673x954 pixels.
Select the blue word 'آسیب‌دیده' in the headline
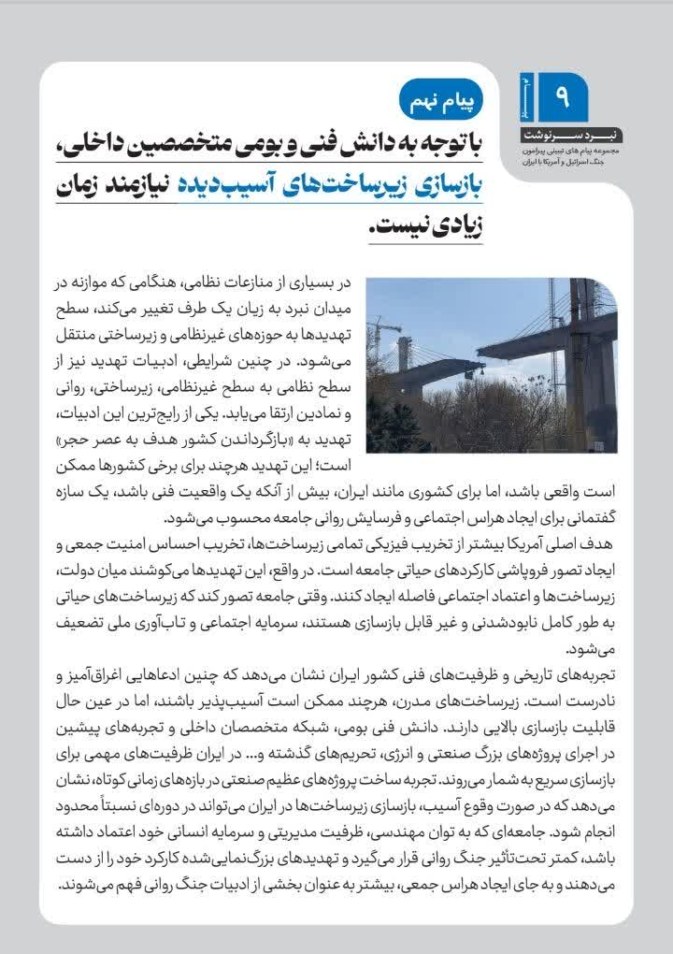(224, 184)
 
